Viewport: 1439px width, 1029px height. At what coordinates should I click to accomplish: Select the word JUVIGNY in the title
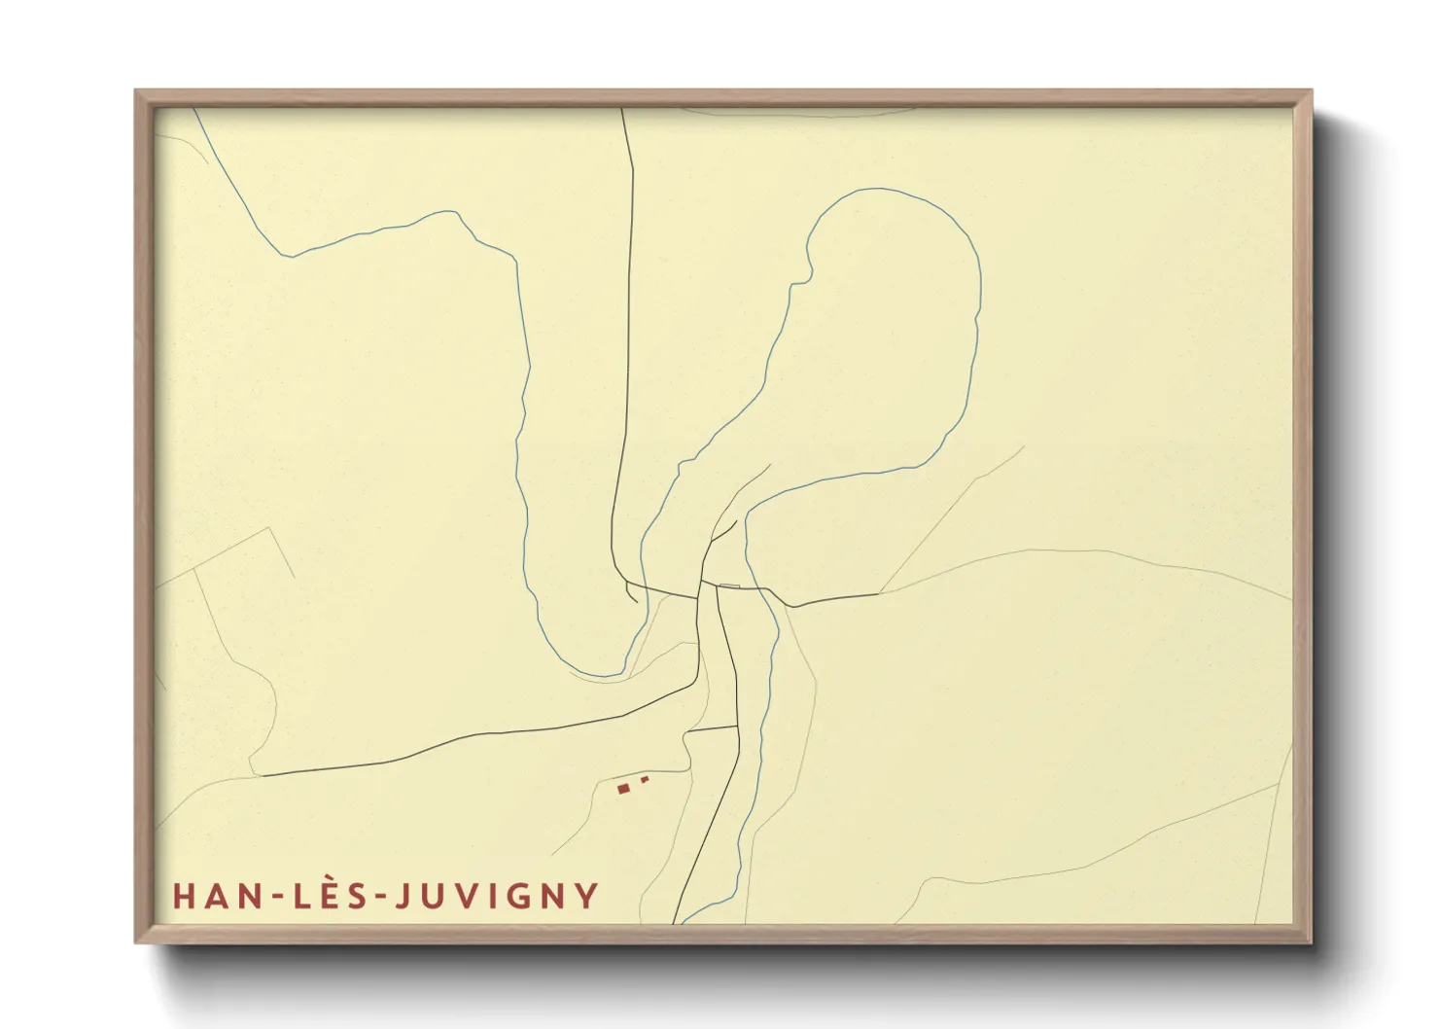point(496,896)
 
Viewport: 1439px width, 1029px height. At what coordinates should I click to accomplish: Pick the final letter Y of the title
point(587,896)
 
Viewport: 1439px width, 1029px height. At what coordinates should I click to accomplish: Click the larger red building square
point(623,789)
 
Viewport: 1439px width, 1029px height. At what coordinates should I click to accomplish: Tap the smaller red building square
point(644,778)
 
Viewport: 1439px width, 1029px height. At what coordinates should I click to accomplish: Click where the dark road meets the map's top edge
point(622,109)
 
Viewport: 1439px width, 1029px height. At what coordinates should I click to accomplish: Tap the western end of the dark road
point(263,775)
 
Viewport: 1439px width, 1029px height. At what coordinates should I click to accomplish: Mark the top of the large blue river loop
point(880,189)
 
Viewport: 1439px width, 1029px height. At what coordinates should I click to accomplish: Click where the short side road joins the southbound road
point(737,726)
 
